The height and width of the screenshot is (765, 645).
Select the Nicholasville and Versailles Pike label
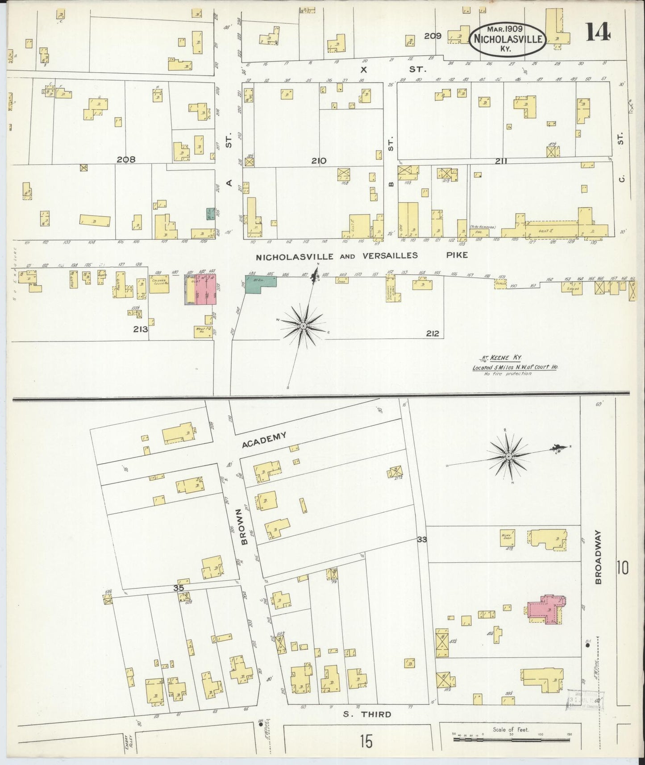click(362, 256)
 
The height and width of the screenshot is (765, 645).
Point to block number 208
click(126, 159)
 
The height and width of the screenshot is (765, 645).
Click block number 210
click(319, 161)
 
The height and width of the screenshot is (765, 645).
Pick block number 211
click(500, 161)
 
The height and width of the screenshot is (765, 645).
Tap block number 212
click(432, 333)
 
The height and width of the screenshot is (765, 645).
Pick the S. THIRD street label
click(367, 715)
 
